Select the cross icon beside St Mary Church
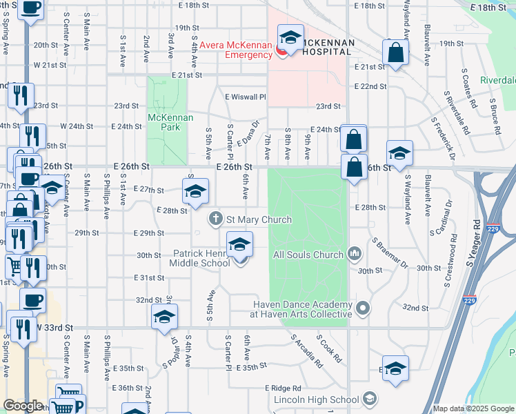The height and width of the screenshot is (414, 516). (216, 219)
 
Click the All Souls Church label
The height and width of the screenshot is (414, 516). (308, 255)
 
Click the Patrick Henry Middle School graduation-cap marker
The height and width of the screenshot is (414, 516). (239, 245)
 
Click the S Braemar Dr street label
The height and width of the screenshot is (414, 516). (390, 254)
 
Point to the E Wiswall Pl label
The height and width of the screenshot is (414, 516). (245, 97)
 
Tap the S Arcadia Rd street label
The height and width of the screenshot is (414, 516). (307, 351)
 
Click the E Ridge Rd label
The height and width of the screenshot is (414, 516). (283, 388)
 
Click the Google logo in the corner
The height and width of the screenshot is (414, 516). (23, 406)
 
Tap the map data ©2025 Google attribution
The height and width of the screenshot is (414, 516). (473, 408)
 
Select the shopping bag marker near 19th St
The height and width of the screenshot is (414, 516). (396, 53)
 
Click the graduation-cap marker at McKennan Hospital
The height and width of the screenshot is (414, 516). (290, 38)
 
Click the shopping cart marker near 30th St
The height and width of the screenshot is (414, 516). (14, 265)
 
